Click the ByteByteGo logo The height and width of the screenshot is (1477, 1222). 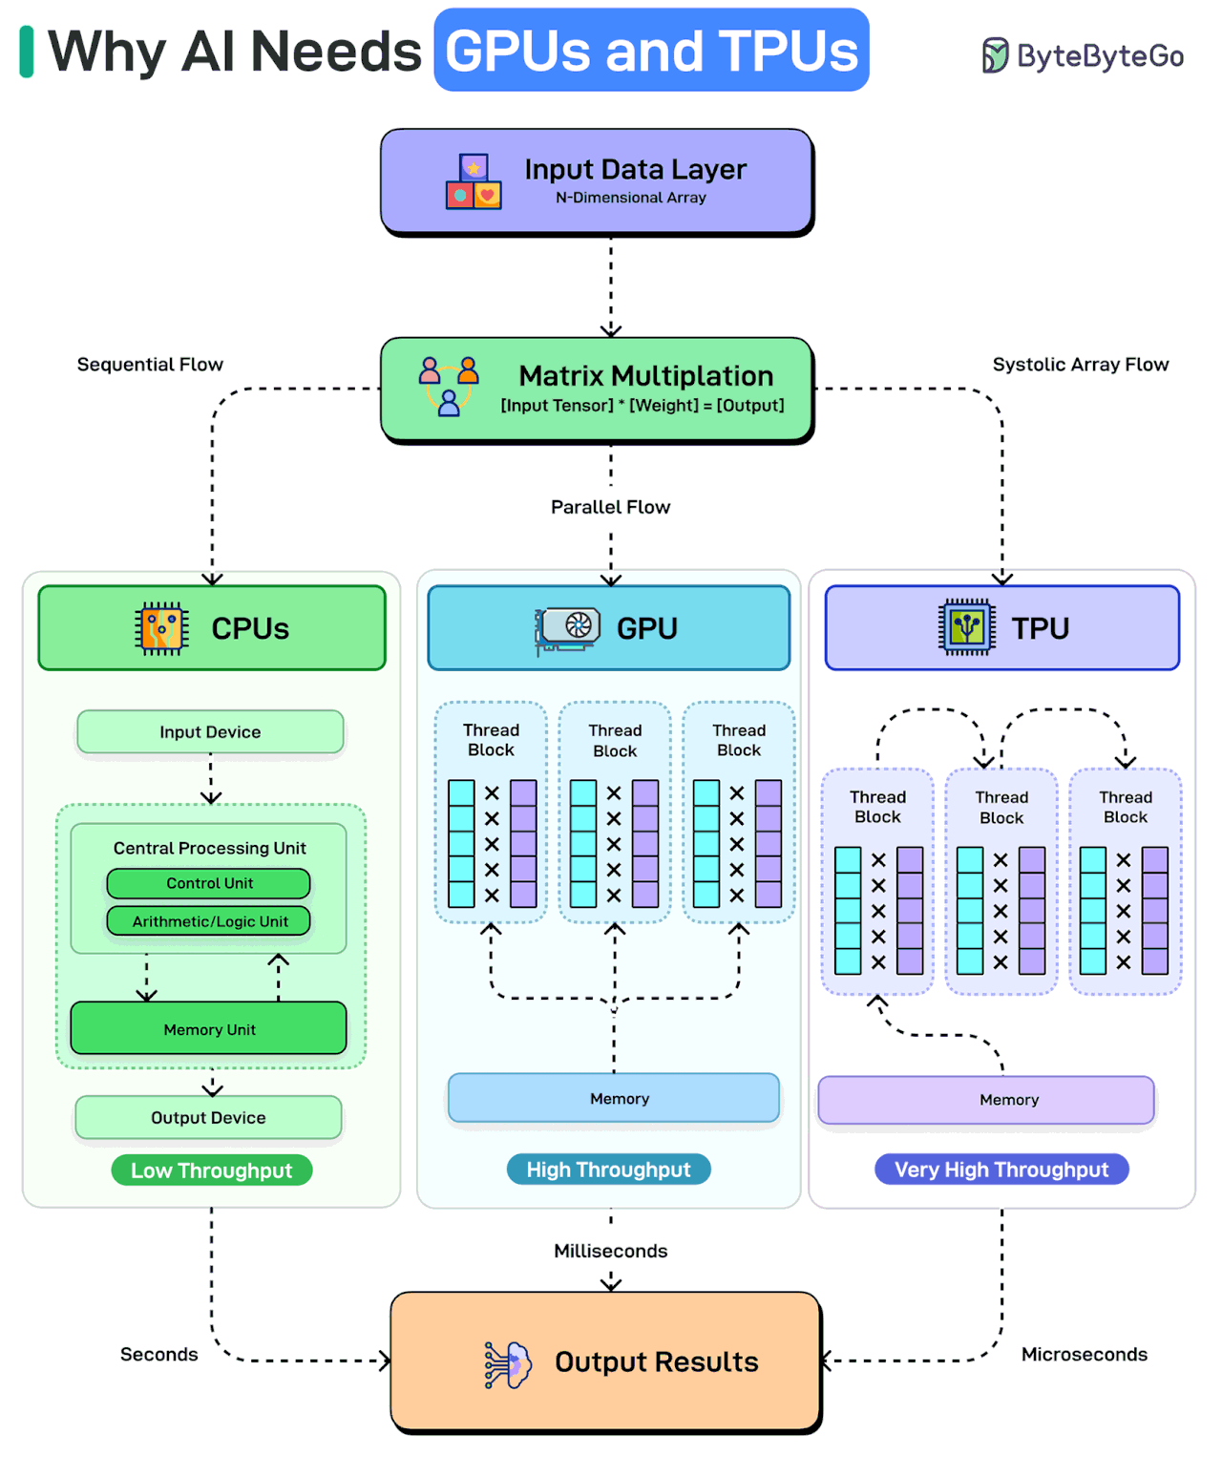(1083, 55)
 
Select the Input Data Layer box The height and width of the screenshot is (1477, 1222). (597, 180)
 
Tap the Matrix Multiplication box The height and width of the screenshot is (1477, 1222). (597, 389)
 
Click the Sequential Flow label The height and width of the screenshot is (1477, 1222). (150, 365)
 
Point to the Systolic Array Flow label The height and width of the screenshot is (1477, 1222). (1080, 365)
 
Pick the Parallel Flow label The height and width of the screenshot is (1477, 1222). (610, 507)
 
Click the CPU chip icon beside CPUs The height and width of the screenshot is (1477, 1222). (161, 628)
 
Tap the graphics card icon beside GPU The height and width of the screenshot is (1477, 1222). (569, 628)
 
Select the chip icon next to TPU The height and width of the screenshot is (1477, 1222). (967, 627)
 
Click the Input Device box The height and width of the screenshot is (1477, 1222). (210, 732)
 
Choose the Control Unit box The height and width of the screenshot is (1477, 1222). (209, 883)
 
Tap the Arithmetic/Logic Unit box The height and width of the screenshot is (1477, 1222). (209, 921)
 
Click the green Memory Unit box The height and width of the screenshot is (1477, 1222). (209, 1028)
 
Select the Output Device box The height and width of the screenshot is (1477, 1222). (208, 1117)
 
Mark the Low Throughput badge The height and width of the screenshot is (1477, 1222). (211, 1171)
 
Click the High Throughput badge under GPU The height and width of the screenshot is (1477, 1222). (608, 1170)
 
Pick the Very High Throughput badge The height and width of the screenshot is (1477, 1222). (1001, 1170)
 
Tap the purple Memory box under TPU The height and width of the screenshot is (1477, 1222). (986, 1100)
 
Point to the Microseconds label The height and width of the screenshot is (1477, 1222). (1084, 1355)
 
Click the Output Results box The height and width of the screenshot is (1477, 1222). (606, 1361)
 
